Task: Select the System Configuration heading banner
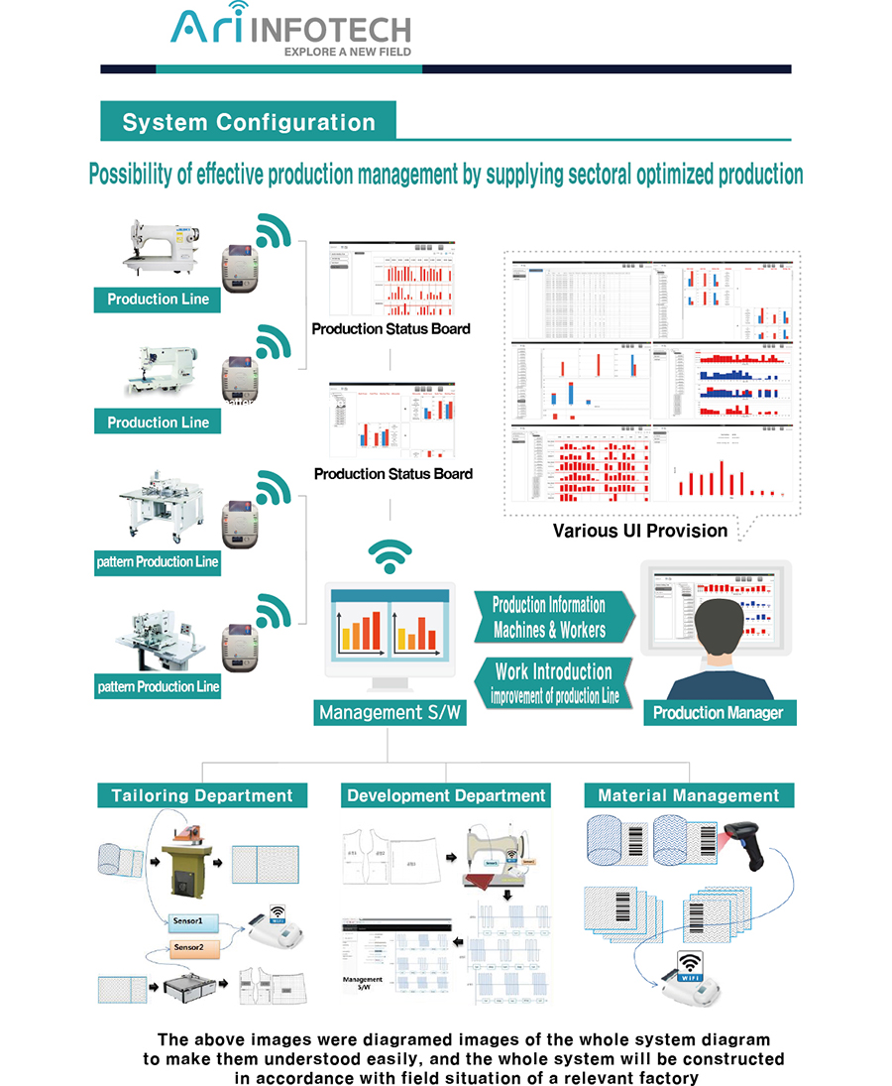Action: tap(249, 123)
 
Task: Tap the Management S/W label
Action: tap(390, 712)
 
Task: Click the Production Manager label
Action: tap(718, 712)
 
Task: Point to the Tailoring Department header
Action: tap(202, 795)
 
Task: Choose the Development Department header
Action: tap(446, 795)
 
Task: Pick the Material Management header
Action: tap(689, 795)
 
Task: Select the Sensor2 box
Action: tap(188, 948)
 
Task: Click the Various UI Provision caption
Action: tap(640, 531)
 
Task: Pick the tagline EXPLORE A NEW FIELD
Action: tap(347, 51)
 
